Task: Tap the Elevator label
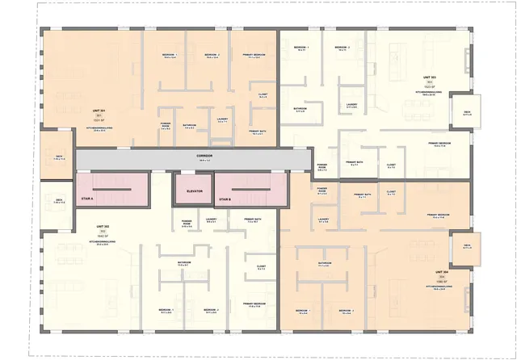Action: [193, 191]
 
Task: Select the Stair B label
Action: [225, 198]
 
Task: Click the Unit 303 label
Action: [428, 78]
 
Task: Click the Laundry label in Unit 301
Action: [223, 119]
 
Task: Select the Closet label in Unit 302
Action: [262, 266]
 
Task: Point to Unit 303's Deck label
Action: [467, 112]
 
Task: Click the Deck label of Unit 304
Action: [467, 246]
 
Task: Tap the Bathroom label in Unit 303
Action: [300, 109]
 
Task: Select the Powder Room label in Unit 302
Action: [186, 221]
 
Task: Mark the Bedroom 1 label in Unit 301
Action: [170, 56]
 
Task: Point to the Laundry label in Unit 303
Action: [351, 104]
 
